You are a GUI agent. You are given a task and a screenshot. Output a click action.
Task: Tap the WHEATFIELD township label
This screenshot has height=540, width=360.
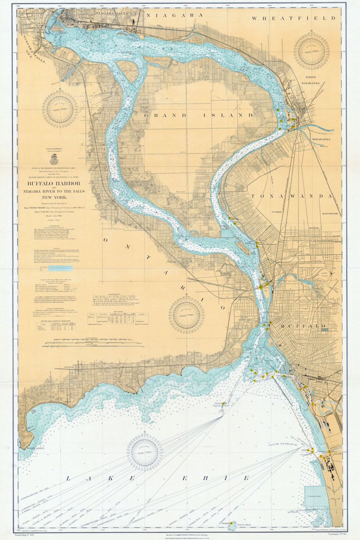pos(294,18)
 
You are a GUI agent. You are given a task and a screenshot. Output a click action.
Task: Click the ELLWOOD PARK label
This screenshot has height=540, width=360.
pos(331,213)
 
